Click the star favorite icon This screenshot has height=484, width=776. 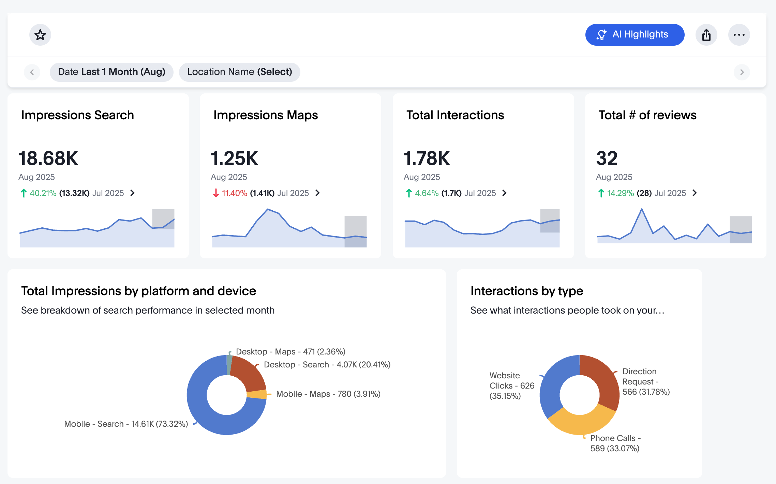[x=40, y=35]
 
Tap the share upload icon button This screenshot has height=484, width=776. [x=706, y=35]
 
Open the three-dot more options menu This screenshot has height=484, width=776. [x=739, y=35]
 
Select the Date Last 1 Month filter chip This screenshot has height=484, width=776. [x=111, y=72]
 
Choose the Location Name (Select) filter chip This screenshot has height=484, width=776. [x=239, y=72]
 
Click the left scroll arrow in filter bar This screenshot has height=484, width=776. [x=32, y=72]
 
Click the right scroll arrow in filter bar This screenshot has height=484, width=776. [x=742, y=72]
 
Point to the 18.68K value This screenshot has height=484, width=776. [x=48, y=158]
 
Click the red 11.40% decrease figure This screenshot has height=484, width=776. [x=234, y=193]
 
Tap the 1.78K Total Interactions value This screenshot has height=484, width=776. [x=427, y=158]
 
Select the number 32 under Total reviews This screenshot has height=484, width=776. [x=607, y=158]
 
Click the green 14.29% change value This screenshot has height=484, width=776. [x=620, y=193]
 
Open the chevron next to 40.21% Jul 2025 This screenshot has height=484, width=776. [x=133, y=193]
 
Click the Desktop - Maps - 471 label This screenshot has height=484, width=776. [x=290, y=351]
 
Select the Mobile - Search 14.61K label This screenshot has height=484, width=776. [x=126, y=424]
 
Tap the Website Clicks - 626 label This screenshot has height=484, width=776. [x=511, y=385]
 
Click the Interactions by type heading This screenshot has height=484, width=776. [x=526, y=291]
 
